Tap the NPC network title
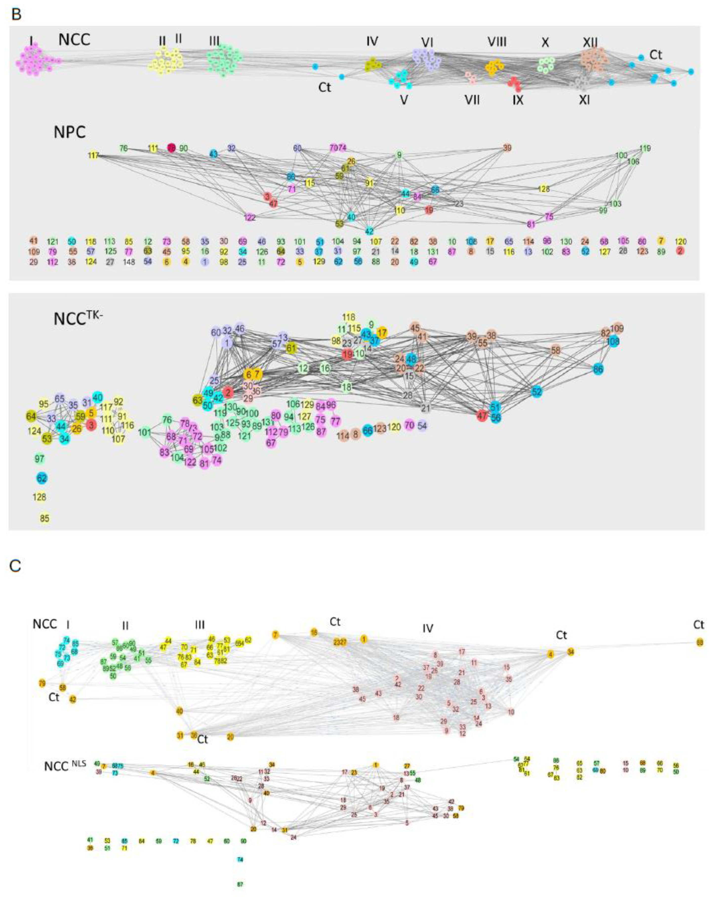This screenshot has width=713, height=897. click(69, 132)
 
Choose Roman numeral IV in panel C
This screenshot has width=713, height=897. click(428, 628)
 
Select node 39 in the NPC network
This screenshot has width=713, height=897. click(507, 148)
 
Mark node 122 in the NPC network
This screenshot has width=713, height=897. click(250, 217)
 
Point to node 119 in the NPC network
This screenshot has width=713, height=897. click(645, 148)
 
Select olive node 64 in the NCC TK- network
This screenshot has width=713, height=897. click(31, 416)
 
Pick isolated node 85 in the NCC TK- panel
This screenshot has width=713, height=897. click(44, 518)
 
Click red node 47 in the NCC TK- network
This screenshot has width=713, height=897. click(482, 415)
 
